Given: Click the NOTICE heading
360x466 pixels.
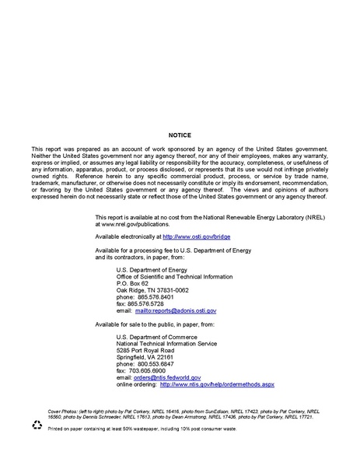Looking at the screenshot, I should click(180, 135).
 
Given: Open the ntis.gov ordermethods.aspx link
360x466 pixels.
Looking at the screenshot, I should click(217, 384).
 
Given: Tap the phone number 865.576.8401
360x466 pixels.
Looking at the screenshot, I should click(150, 296).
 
